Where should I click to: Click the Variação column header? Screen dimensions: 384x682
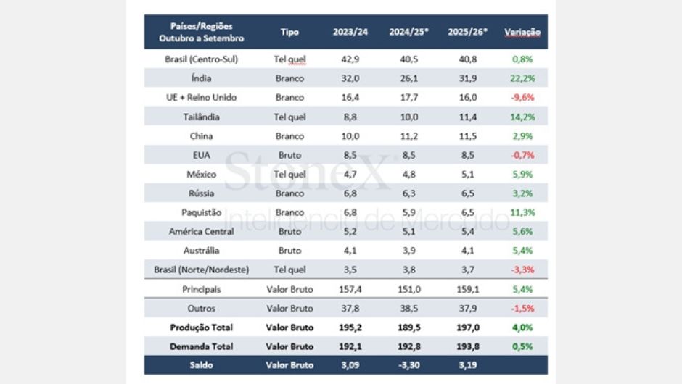click(522, 33)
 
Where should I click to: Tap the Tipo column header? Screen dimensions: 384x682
click(289, 33)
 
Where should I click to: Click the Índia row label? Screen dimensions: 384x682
click(202, 78)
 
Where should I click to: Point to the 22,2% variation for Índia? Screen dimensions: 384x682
click(522, 78)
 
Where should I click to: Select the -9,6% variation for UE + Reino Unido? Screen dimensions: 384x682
click(522, 97)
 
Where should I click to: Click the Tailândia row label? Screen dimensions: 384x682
click(202, 117)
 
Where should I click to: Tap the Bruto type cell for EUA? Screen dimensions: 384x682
click(289, 155)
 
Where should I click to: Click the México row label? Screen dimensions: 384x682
click(202, 174)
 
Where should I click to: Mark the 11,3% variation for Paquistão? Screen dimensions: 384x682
click(522, 212)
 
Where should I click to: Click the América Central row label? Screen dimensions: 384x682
click(202, 232)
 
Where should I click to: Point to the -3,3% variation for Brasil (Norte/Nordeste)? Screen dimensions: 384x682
click(522, 270)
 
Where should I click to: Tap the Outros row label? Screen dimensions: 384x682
click(202, 309)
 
